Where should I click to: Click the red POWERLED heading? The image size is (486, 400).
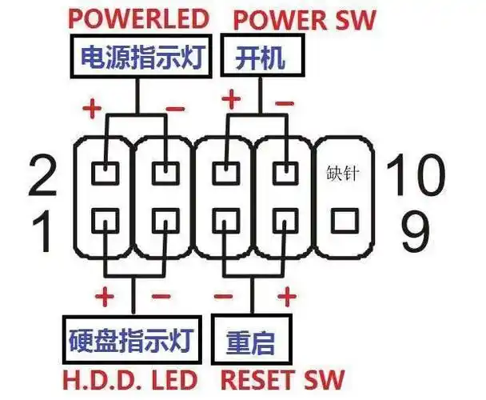click(139, 18)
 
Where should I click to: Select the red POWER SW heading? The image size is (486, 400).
click(305, 18)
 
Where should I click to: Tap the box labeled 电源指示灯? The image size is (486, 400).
click(137, 57)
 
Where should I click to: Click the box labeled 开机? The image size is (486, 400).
click(258, 57)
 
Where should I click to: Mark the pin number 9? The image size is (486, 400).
click(416, 232)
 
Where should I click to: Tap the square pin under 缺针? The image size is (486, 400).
click(344, 217)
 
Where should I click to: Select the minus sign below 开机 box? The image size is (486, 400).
click(284, 104)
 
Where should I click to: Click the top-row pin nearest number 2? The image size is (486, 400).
click(104, 171)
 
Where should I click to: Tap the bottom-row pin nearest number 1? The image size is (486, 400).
click(104, 217)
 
